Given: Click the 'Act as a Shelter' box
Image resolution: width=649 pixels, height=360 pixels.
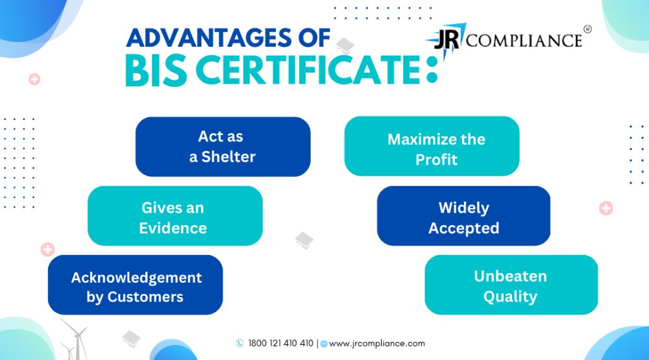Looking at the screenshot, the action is (x=223, y=147).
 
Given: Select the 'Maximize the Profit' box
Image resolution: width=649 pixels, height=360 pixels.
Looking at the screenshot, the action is (x=432, y=146).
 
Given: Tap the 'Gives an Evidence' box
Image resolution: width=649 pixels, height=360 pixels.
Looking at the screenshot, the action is (x=175, y=215).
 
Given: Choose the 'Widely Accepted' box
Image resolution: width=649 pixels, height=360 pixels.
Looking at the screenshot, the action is (x=463, y=215).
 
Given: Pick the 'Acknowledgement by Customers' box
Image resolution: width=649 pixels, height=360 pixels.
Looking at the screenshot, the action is (x=136, y=285).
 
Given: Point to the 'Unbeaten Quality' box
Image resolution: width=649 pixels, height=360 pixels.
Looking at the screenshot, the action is (x=511, y=285).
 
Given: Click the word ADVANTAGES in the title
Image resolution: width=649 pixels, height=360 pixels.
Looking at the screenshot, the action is (x=210, y=38).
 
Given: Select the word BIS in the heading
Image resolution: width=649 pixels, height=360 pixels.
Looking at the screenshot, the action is (x=156, y=70).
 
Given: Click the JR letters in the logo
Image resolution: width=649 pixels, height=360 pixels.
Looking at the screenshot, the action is (x=447, y=40).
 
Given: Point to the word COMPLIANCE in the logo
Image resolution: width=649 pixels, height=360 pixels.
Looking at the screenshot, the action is (x=524, y=41).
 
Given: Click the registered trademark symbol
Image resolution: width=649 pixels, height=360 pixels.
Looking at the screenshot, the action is (x=587, y=29).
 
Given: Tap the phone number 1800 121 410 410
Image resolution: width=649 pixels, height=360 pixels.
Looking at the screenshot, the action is (x=280, y=343).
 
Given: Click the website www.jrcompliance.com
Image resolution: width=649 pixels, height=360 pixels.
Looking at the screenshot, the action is (x=376, y=343).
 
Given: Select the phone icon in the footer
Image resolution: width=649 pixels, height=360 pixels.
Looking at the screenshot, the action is (x=239, y=343).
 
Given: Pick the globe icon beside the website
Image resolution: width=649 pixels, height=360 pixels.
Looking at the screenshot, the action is (x=324, y=344).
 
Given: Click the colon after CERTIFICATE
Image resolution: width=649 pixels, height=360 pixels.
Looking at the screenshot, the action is (x=432, y=70).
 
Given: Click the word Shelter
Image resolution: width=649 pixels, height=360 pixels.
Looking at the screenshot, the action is (x=228, y=157).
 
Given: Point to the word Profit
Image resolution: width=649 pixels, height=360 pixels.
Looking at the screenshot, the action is (x=436, y=160).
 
